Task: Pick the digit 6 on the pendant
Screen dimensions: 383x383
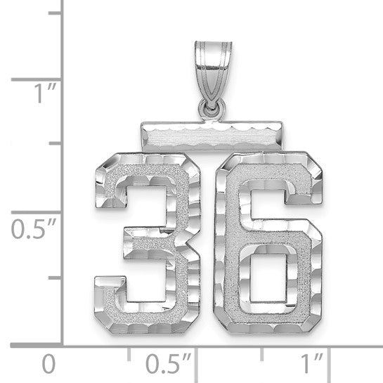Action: (x=268, y=232)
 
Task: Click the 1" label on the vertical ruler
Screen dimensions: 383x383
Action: (x=27, y=93)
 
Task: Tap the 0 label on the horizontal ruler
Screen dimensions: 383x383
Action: (x=48, y=365)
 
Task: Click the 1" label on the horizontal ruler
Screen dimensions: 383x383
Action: (x=309, y=365)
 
